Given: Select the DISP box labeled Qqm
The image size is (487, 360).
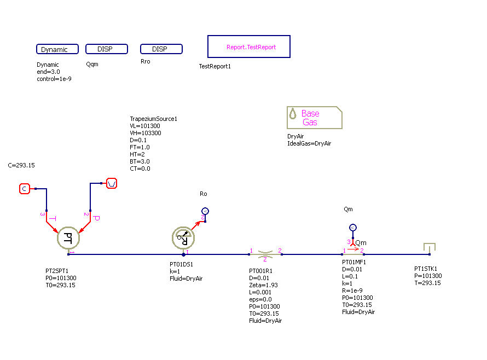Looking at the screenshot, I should click(106, 49).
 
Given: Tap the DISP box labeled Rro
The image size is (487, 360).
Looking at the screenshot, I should click(161, 49).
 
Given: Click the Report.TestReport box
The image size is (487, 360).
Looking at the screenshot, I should click(249, 47).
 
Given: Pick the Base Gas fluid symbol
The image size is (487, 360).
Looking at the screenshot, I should click(314, 118).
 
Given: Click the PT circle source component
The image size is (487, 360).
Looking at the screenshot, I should click(68, 237).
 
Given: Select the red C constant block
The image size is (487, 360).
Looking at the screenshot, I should click(24, 189).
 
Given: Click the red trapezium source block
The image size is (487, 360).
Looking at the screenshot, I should click(111, 183).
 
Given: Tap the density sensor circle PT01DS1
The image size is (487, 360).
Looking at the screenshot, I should click(183, 237).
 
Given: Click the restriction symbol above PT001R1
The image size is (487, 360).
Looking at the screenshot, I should click(265, 254).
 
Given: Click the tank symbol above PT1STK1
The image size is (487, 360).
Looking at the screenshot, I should click(430, 249).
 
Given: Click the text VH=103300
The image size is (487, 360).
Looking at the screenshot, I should click(145, 133).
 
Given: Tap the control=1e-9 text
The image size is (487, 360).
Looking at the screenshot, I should click(54, 79).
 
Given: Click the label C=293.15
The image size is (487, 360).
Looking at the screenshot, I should click(22, 165).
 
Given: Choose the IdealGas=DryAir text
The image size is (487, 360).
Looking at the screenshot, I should click(309, 144).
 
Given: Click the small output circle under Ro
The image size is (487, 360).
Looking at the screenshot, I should click(205, 211).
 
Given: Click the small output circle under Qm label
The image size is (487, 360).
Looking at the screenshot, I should click(353, 228).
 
